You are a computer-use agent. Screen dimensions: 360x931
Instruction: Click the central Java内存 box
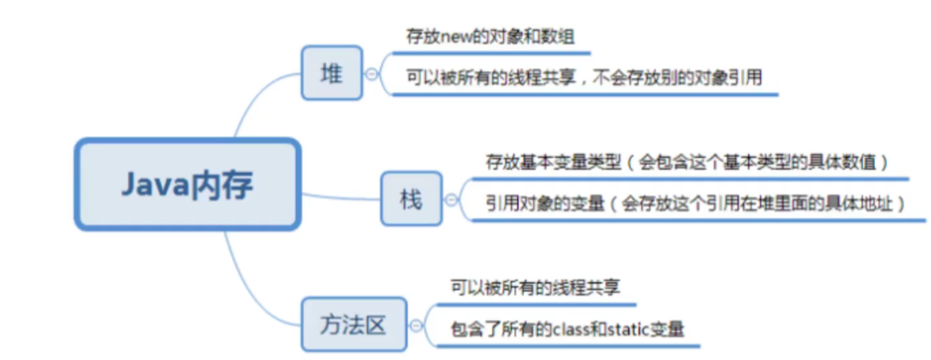pyautogui.click(x=188, y=184)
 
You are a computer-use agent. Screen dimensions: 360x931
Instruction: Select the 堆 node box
pyautogui.click(x=331, y=73)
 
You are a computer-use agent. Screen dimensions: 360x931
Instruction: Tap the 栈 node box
pyautogui.click(x=411, y=199)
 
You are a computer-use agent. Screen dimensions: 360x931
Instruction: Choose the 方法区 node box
pyautogui.click(x=353, y=324)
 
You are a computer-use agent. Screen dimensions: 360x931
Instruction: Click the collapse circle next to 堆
pyautogui.click(x=371, y=73)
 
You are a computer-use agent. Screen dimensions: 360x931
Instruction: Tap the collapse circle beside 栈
pyautogui.click(x=450, y=199)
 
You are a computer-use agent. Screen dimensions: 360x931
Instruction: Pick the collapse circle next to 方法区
pyautogui.click(x=416, y=324)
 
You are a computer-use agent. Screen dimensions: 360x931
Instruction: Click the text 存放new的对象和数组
pyautogui.click(x=490, y=38)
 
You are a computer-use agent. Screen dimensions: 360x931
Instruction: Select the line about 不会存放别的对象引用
pyautogui.click(x=584, y=77)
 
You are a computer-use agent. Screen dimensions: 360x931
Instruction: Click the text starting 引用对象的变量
pyautogui.click(x=696, y=203)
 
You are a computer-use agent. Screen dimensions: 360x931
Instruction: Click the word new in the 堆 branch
pyautogui.click(x=450, y=38)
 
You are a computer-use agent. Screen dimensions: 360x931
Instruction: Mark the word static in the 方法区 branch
pyautogui.click(x=626, y=329)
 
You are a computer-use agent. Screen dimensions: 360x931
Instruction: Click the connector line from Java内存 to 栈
pyautogui.click(x=340, y=197)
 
